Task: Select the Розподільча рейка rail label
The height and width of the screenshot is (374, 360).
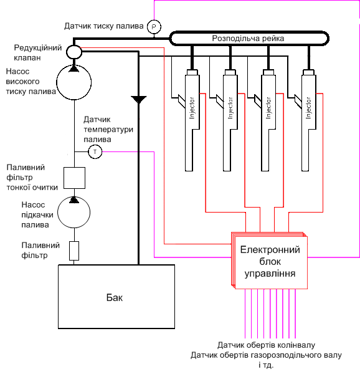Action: (x=248, y=39)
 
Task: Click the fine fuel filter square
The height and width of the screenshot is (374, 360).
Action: (x=74, y=178)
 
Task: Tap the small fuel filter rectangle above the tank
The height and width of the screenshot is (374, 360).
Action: (x=74, y=251)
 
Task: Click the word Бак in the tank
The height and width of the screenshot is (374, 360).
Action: (x=115, y=298)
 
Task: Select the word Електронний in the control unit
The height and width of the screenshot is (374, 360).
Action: (x=270, y=250)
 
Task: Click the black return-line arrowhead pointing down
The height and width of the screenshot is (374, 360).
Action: (x=138, y=100)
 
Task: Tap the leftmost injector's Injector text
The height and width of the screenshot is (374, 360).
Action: (x=192, y=108)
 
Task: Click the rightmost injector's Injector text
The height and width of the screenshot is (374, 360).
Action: (x=308, y=108)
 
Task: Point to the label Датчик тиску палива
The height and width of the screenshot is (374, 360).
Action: (x=104, y=26)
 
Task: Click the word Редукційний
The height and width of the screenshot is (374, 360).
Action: (x=38, y=48)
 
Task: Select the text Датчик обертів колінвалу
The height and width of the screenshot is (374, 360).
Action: (x=266, y=345)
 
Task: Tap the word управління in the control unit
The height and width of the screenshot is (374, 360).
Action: (x=270, y=274)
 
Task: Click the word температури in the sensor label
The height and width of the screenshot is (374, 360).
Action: (x=108, y=130)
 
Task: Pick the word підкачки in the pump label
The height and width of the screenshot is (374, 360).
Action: (x=37, y=215)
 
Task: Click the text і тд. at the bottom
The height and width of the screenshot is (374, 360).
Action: (x=266, y=365)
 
